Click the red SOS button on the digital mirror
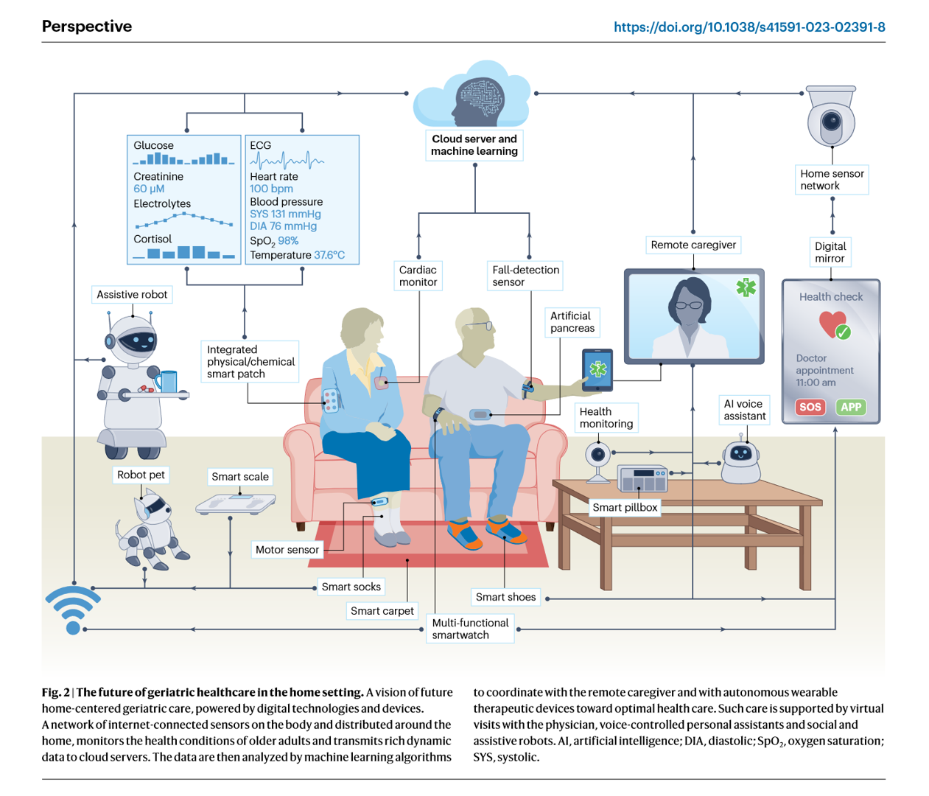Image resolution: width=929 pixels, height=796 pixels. (810, 407)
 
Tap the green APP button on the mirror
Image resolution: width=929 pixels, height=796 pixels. (851, 407)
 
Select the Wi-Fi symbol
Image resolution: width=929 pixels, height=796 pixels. (72, 610)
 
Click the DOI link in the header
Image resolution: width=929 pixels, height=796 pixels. (749, 27)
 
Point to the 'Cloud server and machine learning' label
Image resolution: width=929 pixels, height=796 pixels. (474, 145)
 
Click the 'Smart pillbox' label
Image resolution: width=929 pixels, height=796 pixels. (625, 507)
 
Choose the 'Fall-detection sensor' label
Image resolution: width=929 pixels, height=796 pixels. (525, 276)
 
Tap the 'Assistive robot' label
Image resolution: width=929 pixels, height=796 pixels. (132, 294)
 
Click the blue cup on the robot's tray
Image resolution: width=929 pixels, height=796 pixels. (167, 381)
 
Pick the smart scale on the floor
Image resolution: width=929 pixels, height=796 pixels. (236, 503)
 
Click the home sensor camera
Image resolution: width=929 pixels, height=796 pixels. (831, 119)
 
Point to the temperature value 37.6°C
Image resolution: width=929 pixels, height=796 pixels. (329, 255)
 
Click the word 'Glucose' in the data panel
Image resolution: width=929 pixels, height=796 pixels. (153, 145)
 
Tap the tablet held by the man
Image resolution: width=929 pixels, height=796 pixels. (597, 369)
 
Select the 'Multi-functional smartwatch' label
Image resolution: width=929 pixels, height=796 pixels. (470, 629)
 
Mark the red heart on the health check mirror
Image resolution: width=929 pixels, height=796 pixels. (832, 324)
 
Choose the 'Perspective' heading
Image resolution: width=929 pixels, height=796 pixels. (87, 27)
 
